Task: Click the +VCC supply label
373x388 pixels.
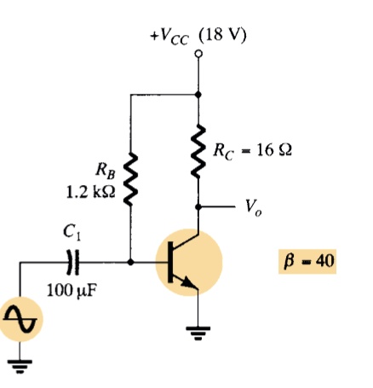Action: pos(169,38)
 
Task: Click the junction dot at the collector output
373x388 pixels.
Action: pos(198,206)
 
